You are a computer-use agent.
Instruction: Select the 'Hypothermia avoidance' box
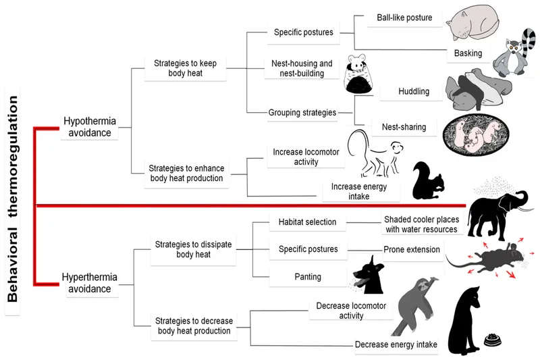pyautogui.click(x=89, y=126)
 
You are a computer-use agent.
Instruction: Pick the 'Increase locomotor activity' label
pyautogui.click(x=297, y=157)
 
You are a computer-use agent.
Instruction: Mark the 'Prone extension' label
pyautogui.click(x=412, y=250)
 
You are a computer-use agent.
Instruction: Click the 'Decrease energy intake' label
pyautogui.click(x=396, y=344)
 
